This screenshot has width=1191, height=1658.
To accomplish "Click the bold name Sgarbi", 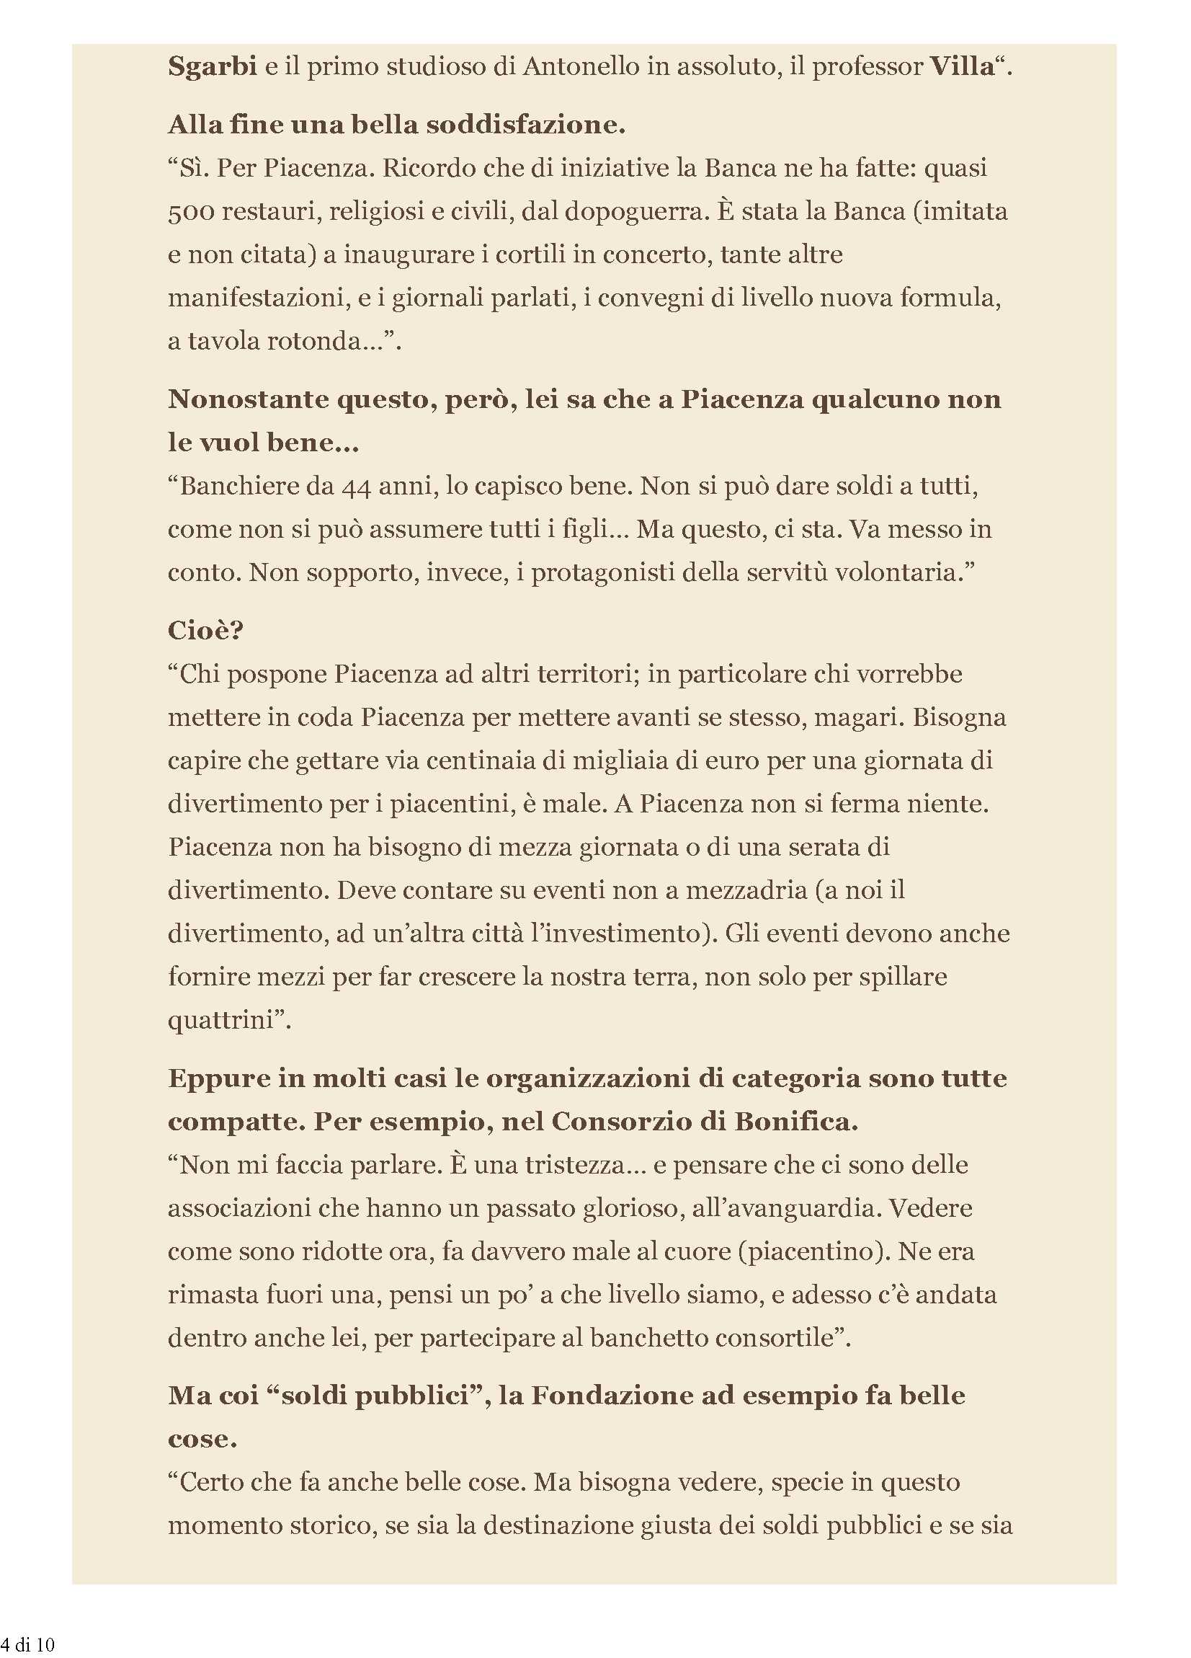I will [212, 67].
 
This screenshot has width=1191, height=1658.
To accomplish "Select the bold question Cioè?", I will [205, 630].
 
